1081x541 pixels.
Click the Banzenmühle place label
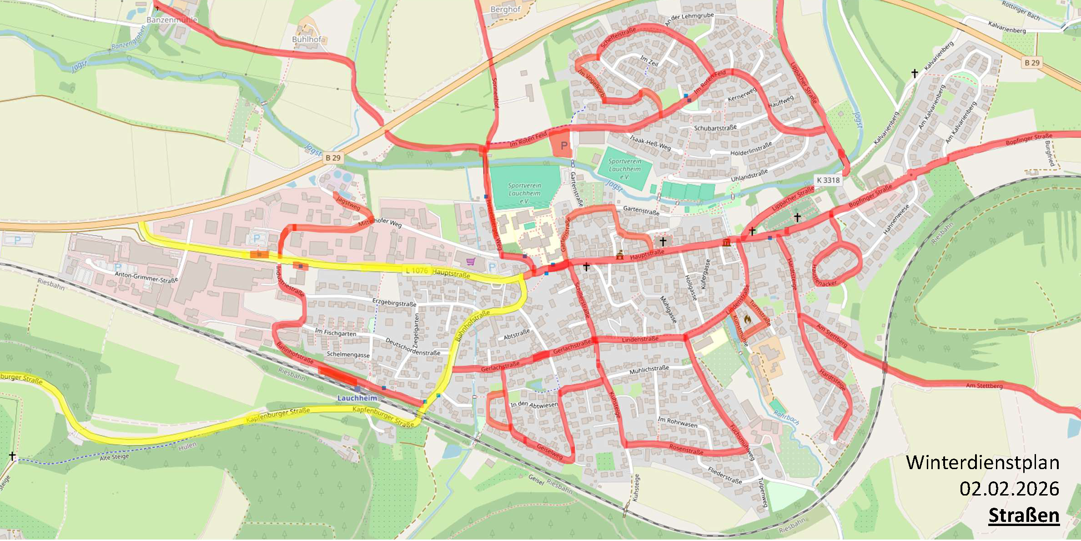172,20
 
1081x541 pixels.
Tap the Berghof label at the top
505,9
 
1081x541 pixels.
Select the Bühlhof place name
307,40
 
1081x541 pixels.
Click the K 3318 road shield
828,180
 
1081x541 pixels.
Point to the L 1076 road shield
417,271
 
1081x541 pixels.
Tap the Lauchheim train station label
357,398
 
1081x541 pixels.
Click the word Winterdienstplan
982,463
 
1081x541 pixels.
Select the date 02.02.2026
1009,489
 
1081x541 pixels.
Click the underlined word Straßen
1024,516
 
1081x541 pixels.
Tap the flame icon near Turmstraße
747,319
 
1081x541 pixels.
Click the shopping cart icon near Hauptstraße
471,261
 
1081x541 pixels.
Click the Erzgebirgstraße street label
394,303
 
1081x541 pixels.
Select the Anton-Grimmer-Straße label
146,277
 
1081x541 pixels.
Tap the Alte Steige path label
114,457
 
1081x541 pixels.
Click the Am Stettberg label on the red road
984,385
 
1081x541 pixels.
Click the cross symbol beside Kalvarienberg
915,73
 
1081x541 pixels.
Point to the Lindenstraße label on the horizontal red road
640,339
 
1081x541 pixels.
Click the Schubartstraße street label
715,128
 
